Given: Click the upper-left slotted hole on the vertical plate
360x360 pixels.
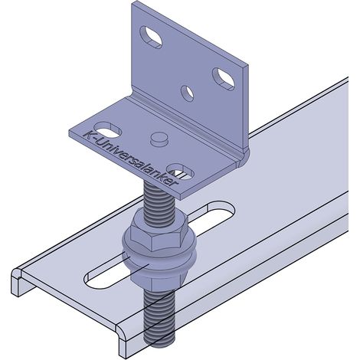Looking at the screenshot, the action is click(x=151, y=37).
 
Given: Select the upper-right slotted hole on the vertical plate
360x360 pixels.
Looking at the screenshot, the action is click(x=224, y=79).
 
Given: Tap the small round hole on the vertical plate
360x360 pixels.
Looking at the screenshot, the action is click(x=187, y=93).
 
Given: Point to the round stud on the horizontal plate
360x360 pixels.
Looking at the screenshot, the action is click(x=159, y=139).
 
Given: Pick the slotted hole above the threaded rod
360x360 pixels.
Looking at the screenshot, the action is click(x=180, y=172).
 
